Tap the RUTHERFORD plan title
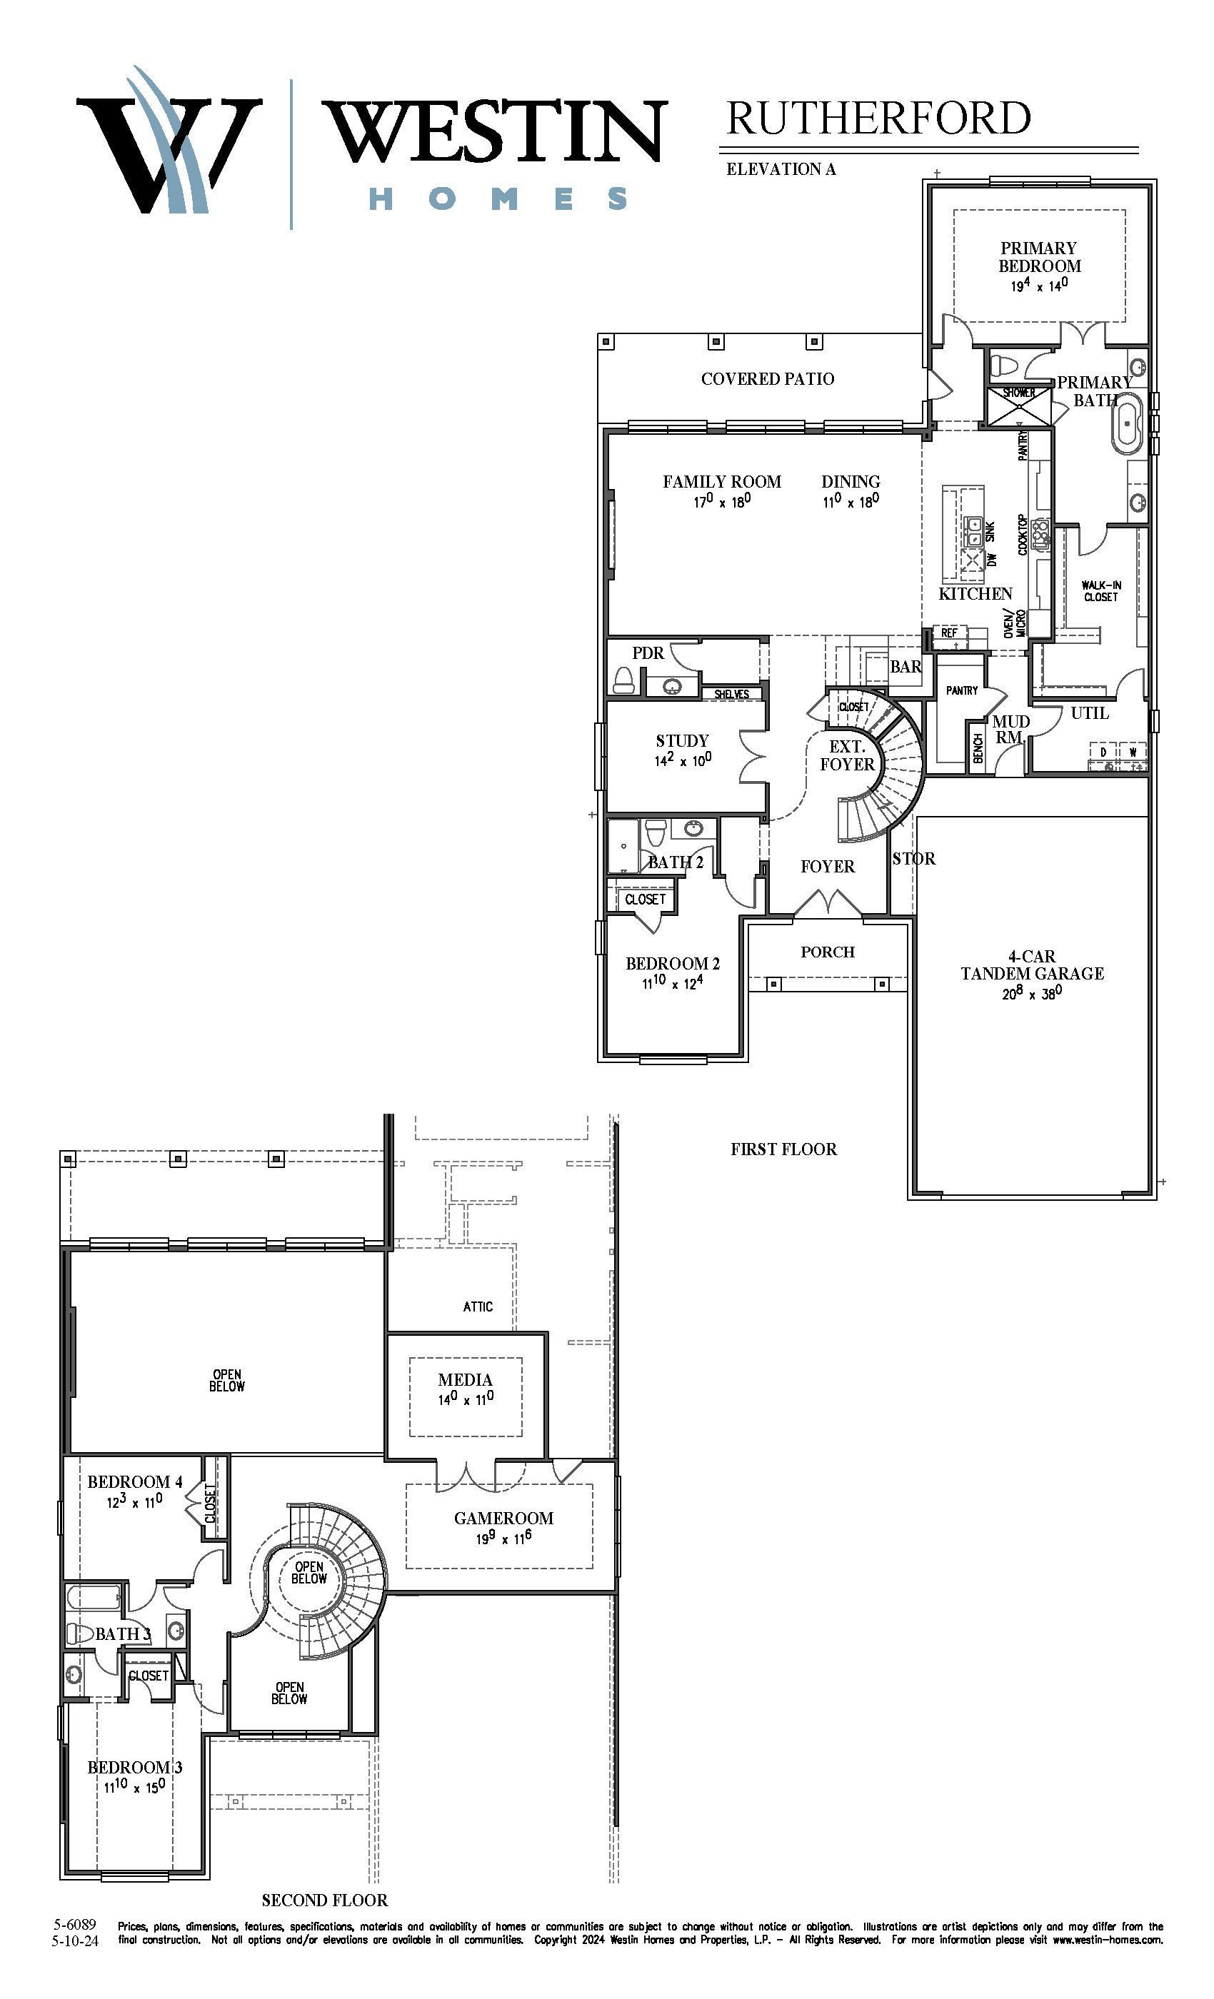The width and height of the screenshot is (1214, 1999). (x=878, y=119)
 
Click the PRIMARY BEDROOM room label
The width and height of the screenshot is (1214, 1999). (x=1039, y=257)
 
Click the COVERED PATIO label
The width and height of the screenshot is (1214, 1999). (x=768, y=379)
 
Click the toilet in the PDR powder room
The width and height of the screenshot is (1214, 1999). (x=623, y=679)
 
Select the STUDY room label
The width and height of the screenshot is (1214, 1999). (x=683, y=741)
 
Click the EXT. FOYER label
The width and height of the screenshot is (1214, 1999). (x=847, y=755)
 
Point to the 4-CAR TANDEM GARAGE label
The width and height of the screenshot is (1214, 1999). (x=1032, y=965)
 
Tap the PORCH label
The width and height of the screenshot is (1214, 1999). (x=828, y=952)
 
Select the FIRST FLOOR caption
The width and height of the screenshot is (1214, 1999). (x=783, y=1149)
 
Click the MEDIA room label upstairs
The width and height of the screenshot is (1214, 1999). (x=465, y=1379)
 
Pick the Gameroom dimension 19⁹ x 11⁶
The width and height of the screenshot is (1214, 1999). (x=504, y=1537)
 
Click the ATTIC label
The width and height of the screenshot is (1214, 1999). (x=478, y=1306)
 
